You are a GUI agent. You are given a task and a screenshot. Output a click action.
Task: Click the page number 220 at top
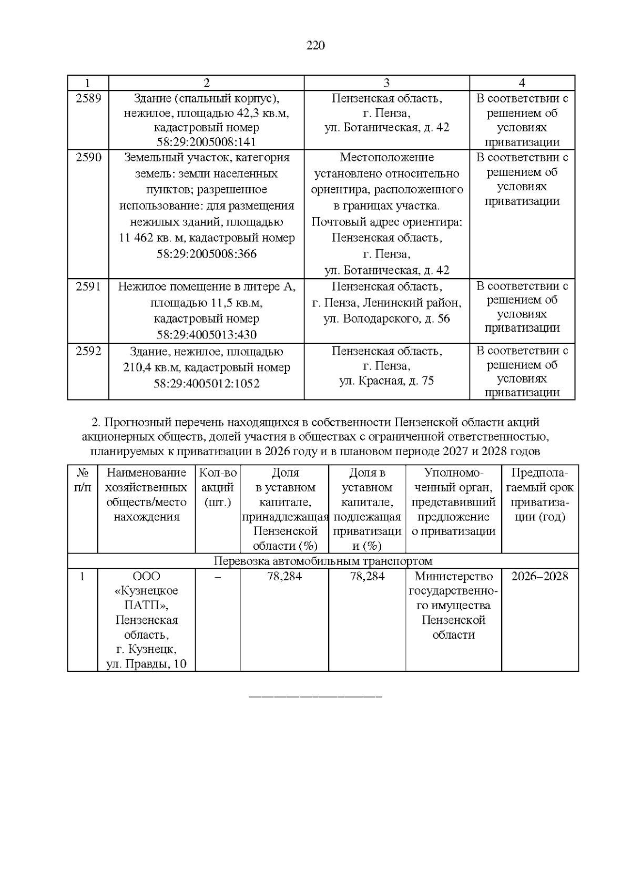[x=315, y=46]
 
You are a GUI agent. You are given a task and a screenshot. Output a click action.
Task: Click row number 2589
[x=88, y=98]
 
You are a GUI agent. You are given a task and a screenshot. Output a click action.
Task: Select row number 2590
[x=88, y=157]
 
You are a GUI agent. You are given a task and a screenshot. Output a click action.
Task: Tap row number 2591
[x=88, y=286]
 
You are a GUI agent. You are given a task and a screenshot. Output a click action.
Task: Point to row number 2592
[x=88, y=351]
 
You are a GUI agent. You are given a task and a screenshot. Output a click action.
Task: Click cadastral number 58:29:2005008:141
[x=206, y=142]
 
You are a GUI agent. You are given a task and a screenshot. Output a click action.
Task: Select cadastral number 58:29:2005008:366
[x=206, y=254]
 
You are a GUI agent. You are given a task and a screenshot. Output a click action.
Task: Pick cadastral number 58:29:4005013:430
[x=206, y=335]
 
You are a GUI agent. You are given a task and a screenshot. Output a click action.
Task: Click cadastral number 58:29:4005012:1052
[x=206, y=384]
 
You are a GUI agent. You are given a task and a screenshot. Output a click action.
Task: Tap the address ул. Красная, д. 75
[x=386, y=381]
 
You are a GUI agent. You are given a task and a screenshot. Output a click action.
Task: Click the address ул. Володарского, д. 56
[x=386, y=319]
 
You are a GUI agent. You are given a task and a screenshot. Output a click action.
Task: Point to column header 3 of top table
[x=386, y=83]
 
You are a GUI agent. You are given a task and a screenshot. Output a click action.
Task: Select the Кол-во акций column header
[x=218, y=487]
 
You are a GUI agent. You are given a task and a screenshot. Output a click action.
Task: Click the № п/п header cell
[x=83, y=480]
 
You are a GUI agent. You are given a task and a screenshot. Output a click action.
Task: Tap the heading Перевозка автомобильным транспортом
[x=323, y=561]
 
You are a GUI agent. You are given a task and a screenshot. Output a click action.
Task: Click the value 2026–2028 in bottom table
[x=540, y=576]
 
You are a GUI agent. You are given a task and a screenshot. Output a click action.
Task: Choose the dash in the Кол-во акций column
[x=218, y=577]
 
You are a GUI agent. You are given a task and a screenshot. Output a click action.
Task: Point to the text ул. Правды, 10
[x=146, y=664]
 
